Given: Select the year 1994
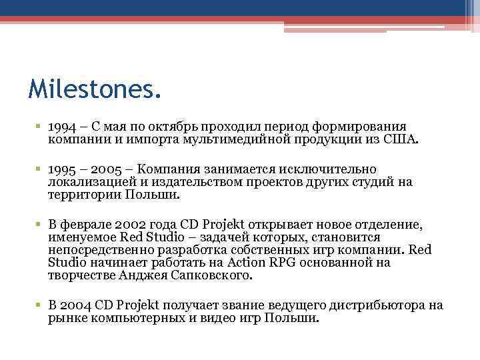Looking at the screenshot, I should tap(62, 127).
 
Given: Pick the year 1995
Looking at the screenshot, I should tap(61, 169).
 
